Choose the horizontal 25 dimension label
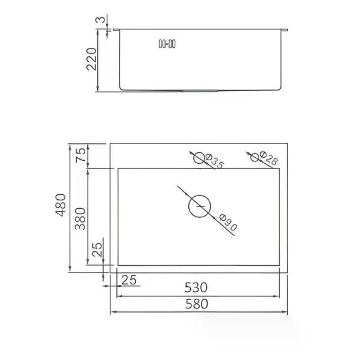pyautogui.click(x=129, y=280)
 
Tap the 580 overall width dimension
pyautogui.click(x=197, y=304)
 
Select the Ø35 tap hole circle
pyautogui.click(x=199, y=157)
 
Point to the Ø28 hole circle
pyautogui.click(x=256, y=157)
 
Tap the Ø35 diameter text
pyautogui.click(x=214, y=162)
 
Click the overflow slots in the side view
pyautogui.click(x=166, y=43)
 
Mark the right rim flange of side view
pyautogui.click(x=286, y=29)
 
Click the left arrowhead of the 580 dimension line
pyautogui.click(x=112, y=312)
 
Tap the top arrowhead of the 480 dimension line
pyautogui.click(x=71, y=146)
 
